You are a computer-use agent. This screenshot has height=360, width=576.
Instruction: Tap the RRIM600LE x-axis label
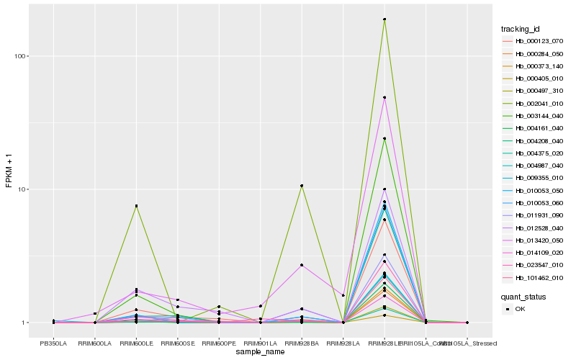click(x=136, y=343)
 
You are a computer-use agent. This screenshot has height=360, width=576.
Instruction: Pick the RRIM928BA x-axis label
click(x=302, y=343)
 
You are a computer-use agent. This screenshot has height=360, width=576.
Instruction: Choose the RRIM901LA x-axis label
click(x=261, y=343)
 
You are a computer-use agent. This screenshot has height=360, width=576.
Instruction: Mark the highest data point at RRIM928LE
click(x=384, y=19)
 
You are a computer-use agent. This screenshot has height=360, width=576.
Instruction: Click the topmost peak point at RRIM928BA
click(x=302, y=186)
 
